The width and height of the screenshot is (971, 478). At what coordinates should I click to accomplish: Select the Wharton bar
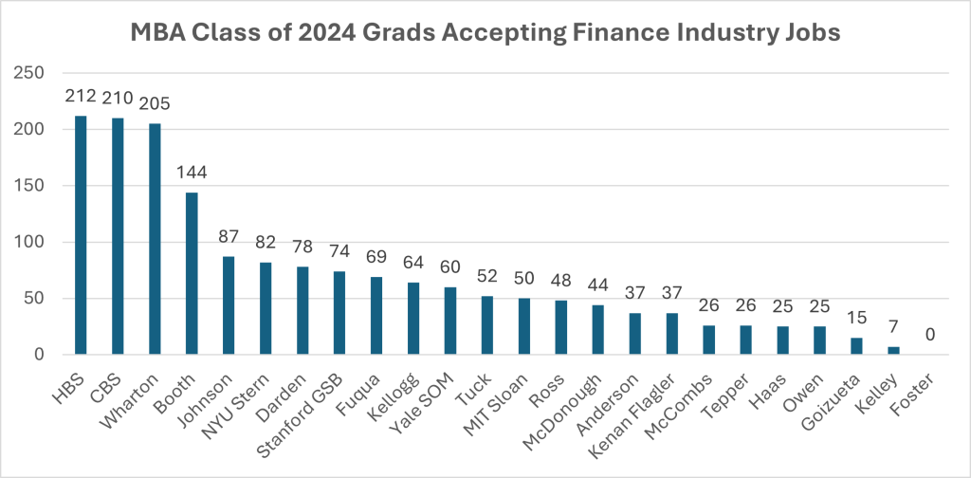point(156,239)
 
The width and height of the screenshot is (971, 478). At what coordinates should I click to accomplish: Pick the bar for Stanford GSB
point(339,313)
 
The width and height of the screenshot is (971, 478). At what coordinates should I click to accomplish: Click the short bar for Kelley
point(893,351)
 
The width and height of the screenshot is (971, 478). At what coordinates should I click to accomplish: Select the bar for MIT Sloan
point(524,326)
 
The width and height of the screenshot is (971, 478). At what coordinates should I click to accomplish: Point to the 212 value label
point(82,96)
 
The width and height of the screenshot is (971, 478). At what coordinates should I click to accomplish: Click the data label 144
point(192,173)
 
